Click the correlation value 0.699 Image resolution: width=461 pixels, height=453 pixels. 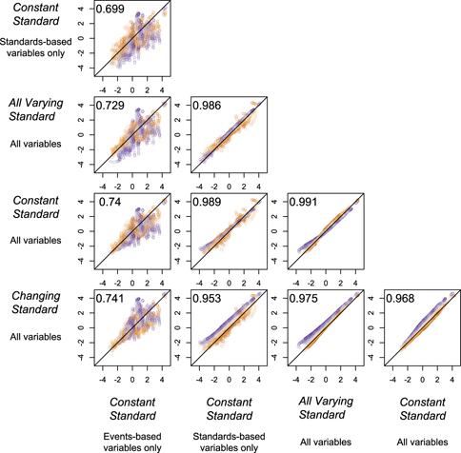pyautogui.click(x=109, y=10)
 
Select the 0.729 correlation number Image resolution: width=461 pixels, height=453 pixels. pyautogui.click(x=109, y=108)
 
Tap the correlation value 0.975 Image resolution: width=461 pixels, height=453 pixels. pyautogui.click(x=306, y=299)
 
